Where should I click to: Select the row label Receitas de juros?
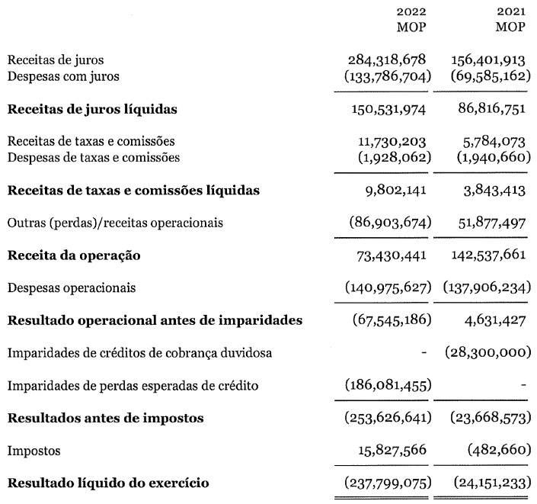[56, 59]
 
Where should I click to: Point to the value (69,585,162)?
[485, 75]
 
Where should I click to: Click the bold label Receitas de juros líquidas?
[92, 109]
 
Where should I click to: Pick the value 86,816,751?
[487, 109]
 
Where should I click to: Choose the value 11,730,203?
[390, 142]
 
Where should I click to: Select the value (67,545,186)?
[388, 320]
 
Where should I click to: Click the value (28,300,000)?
[485, 353]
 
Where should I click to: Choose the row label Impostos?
[32, 451]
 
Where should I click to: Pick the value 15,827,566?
[390, 451]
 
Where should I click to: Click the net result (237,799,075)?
[385, 483]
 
